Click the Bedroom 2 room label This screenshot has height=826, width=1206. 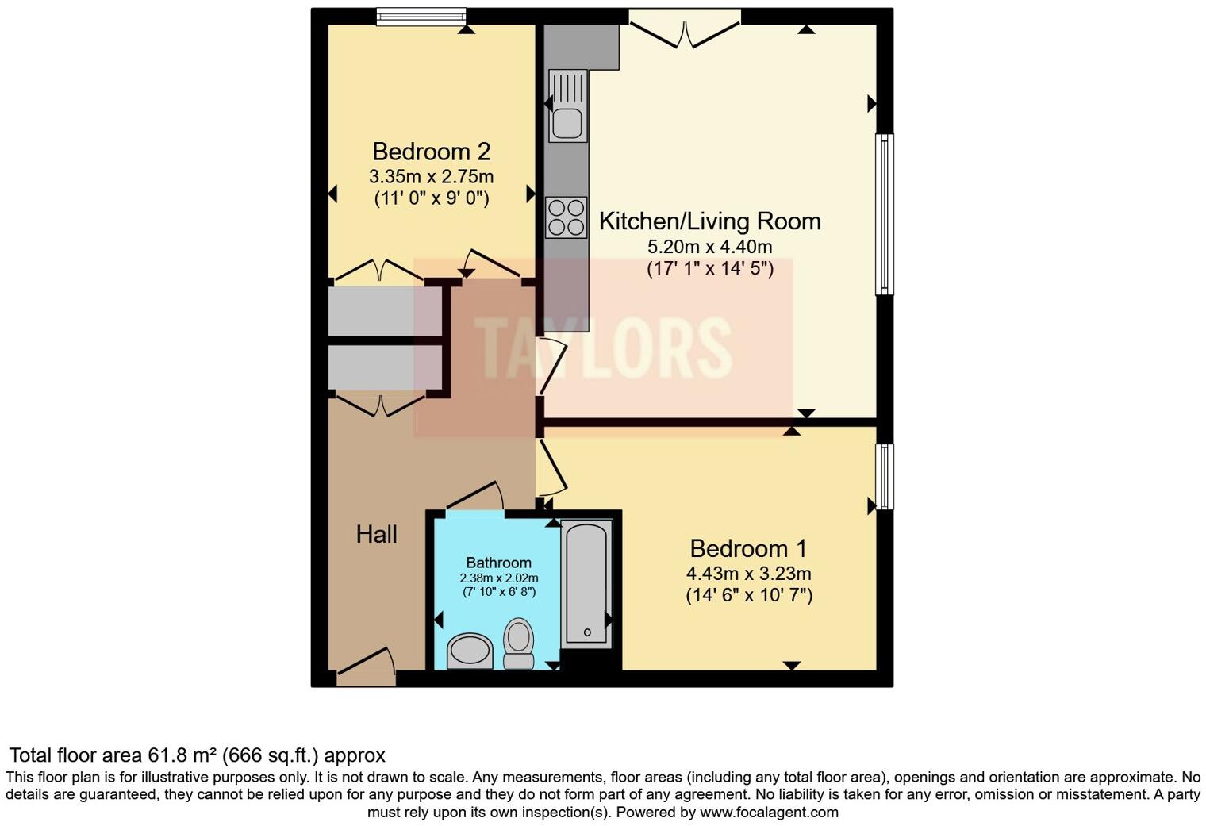pyautogui.click(x=431, y=151)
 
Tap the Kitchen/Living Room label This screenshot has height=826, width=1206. pyautogui.click(x=709, y=221)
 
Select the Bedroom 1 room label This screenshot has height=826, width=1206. pyautogui.click(x=748, y=548)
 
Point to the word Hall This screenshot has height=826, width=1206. pyautogui.click(x=376, y=534)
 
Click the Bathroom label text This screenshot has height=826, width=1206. pyautogui.click(x=498, y=563)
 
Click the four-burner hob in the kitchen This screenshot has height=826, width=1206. pyautogui.click(x=566, y=217)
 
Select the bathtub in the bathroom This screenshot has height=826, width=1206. pyautogui.click(x=586, y=583)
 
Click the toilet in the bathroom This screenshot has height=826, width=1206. pyautogui.click(x=518, y=644)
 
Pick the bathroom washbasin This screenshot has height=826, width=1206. pyautogui.click(x=470, y=651)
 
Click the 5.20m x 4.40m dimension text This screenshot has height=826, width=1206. pyautogui.click(x=709, y=247)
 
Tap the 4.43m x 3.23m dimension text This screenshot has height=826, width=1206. pyautogui.click(x=748, y=574)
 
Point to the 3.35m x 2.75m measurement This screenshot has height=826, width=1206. pyautogui.click(x=431, y=176)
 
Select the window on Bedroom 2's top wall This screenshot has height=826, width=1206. pyautogui.click(x=421, y=17)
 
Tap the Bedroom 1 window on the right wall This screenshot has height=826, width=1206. pyautogui.click(x=884, y=476)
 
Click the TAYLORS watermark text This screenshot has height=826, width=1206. pyautogui.click(x=603, y=348)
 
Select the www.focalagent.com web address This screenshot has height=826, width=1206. pyautogui.click(x=769, y=813)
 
